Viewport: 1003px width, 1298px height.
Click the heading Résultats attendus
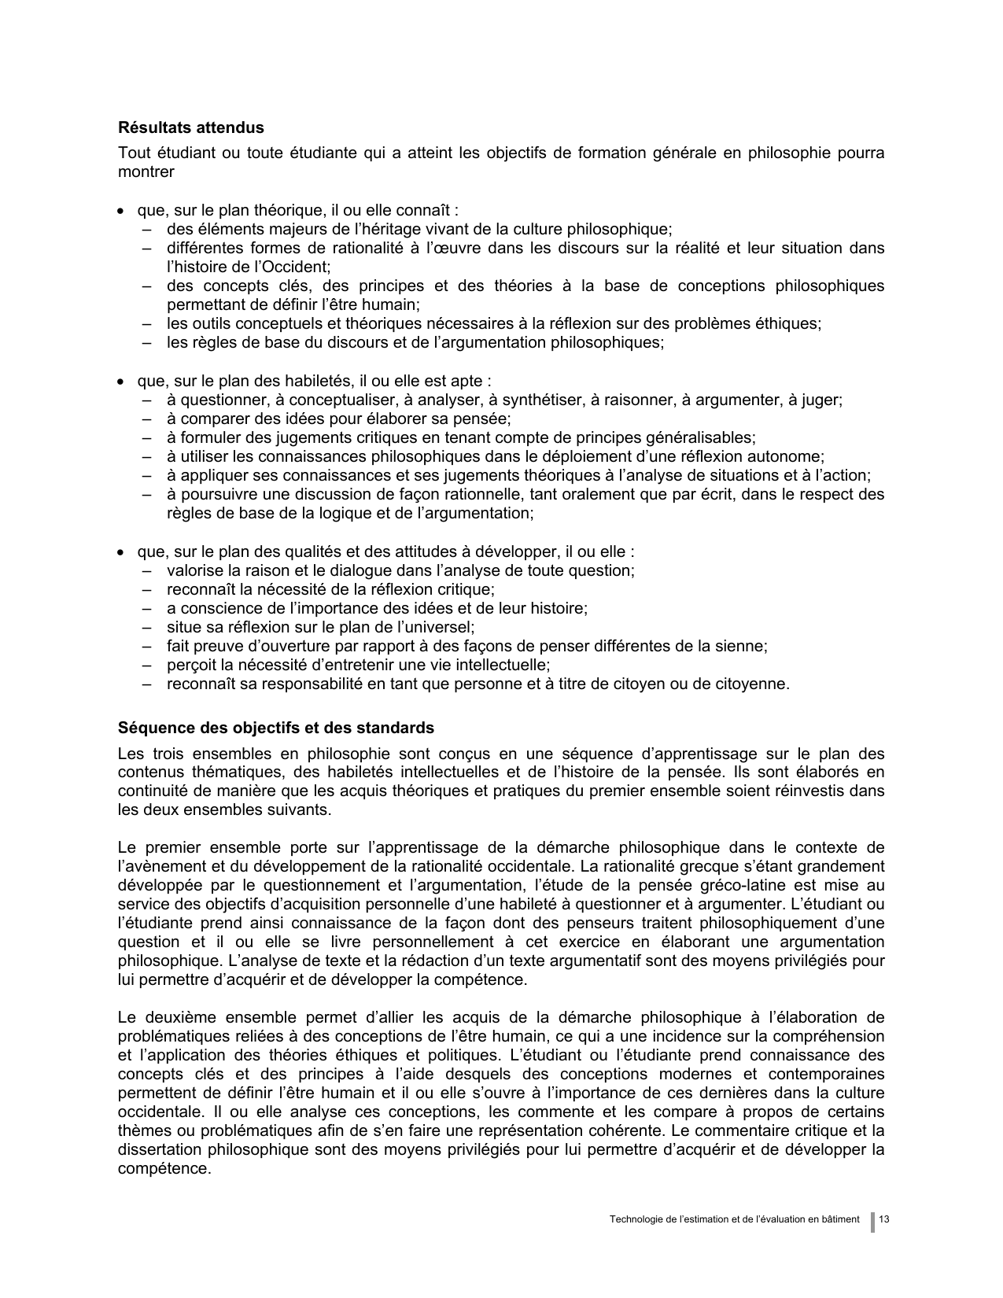tap(190, 127)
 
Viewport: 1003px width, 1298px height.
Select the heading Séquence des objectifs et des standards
tap(275, 728)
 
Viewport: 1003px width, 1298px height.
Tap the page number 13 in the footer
tap(884, 1219)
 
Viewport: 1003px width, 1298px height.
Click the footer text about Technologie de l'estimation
tap(734, 1219)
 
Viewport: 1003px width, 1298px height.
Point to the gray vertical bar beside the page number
tap(872, 1221)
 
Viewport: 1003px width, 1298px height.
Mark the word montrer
tap(146, 171)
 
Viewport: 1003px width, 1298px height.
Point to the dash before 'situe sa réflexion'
tap(147, 628)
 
